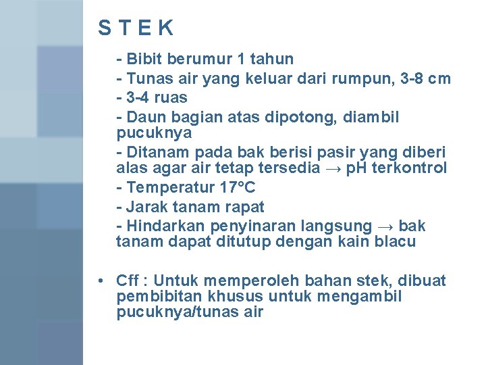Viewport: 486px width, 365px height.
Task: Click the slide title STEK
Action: click(x=136, y=28)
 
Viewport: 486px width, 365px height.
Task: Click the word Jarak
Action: click(x=146, y=206)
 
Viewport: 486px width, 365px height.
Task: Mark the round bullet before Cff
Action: click(x=99, y=280)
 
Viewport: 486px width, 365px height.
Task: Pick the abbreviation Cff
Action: click(x=128, y=280)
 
